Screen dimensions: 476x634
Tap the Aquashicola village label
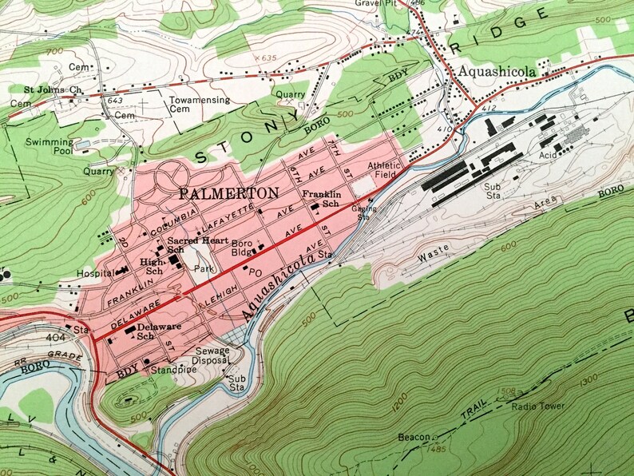[x=496, y=72]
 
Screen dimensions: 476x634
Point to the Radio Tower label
[x=540, y=407]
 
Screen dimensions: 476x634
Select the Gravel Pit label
[x=374, y=3]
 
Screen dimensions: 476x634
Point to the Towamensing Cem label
[x=199, y=106]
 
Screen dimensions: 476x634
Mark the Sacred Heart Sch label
[x=188, y=245]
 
